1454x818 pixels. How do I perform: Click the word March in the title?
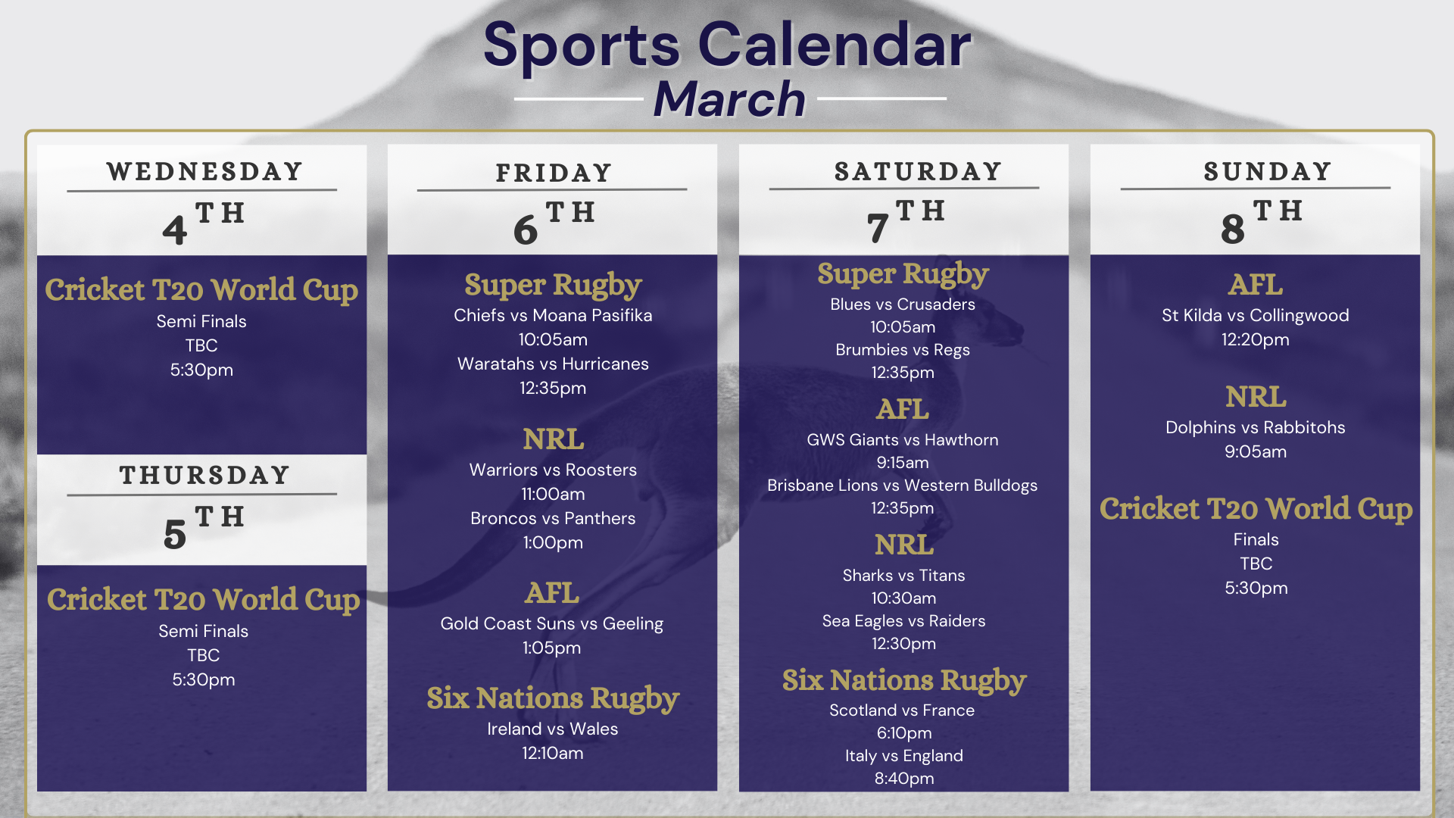[x=729, y=99]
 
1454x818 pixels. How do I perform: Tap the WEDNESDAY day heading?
[x=204, y=172]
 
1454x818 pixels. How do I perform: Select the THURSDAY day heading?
[x=204, y=476]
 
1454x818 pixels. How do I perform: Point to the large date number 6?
[x=526, y=229]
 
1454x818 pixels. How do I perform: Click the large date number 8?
[x=1233, y=229]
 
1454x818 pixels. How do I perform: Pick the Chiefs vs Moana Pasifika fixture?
[x=553, y=315]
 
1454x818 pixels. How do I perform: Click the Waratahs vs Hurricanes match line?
[x=553, y=364]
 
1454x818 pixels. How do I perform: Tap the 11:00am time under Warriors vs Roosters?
[x=553, y=494]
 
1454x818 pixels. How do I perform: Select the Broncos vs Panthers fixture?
[x=553, y=518]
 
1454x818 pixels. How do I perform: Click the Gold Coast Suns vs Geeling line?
[x=552, y=623]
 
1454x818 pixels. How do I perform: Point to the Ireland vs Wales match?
[x=553, y=729]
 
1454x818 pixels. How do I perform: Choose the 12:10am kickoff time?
[x=553, y=753]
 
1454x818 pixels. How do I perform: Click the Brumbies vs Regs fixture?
[x=903, y=350]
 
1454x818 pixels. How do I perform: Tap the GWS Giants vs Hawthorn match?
[x=903, y=440]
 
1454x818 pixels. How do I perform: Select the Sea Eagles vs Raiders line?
[x=904, y=621]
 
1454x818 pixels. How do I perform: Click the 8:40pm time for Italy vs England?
[x=904, y=779]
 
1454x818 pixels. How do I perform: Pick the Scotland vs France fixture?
[x=902, y=710]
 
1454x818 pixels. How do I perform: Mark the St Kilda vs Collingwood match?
[x=1256, y=315]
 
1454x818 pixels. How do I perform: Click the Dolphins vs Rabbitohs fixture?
[x=1256, y=427]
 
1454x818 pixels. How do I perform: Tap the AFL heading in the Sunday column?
[x=1256, y=285]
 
